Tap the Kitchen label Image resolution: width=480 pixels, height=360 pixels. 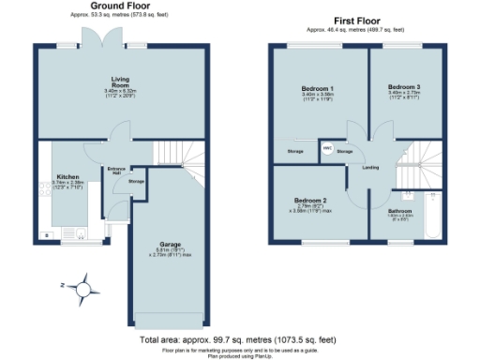(67, 175)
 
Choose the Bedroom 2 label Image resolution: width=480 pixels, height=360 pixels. (309, 200)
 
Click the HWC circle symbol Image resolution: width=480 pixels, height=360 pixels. (328, 150)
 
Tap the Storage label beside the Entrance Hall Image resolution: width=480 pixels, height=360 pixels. (136, 180)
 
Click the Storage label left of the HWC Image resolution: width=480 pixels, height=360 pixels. (295, 150)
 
